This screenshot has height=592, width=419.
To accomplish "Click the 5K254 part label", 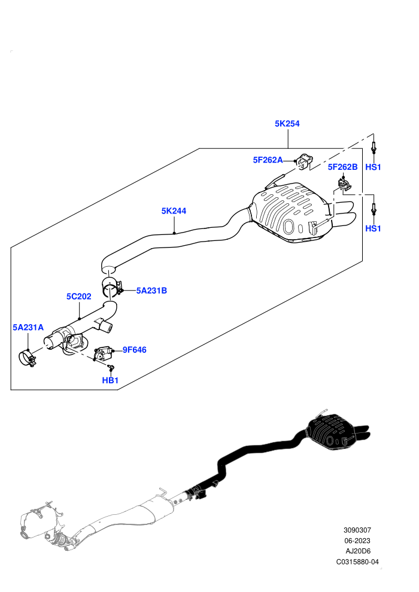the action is coord(287,123).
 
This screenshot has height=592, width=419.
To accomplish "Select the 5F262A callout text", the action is coord(268,160).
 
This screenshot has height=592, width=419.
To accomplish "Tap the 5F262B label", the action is coord(342,167).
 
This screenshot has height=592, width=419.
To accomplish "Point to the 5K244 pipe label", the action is coord(174,211).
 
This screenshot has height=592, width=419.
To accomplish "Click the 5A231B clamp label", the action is coord(151,291).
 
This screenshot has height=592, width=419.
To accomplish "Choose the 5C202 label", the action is coord(79,297).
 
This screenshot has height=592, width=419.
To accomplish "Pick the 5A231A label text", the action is coord(28,327).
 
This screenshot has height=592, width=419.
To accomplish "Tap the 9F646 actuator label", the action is coord(135,350).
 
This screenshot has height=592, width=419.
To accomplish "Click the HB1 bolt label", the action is coord(110,380).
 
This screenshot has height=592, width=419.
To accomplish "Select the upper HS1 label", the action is coord(374,167).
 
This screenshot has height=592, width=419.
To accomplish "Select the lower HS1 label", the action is coord(374,228).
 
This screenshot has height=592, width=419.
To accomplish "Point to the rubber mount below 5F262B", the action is coord(344,185).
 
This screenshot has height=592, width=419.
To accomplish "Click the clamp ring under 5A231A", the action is coord(27,359).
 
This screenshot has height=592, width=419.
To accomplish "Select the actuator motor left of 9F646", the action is coord(103,354).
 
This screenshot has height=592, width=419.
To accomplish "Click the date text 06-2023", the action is coord(357,541).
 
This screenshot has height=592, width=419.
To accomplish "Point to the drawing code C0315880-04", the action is coord(357,562).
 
